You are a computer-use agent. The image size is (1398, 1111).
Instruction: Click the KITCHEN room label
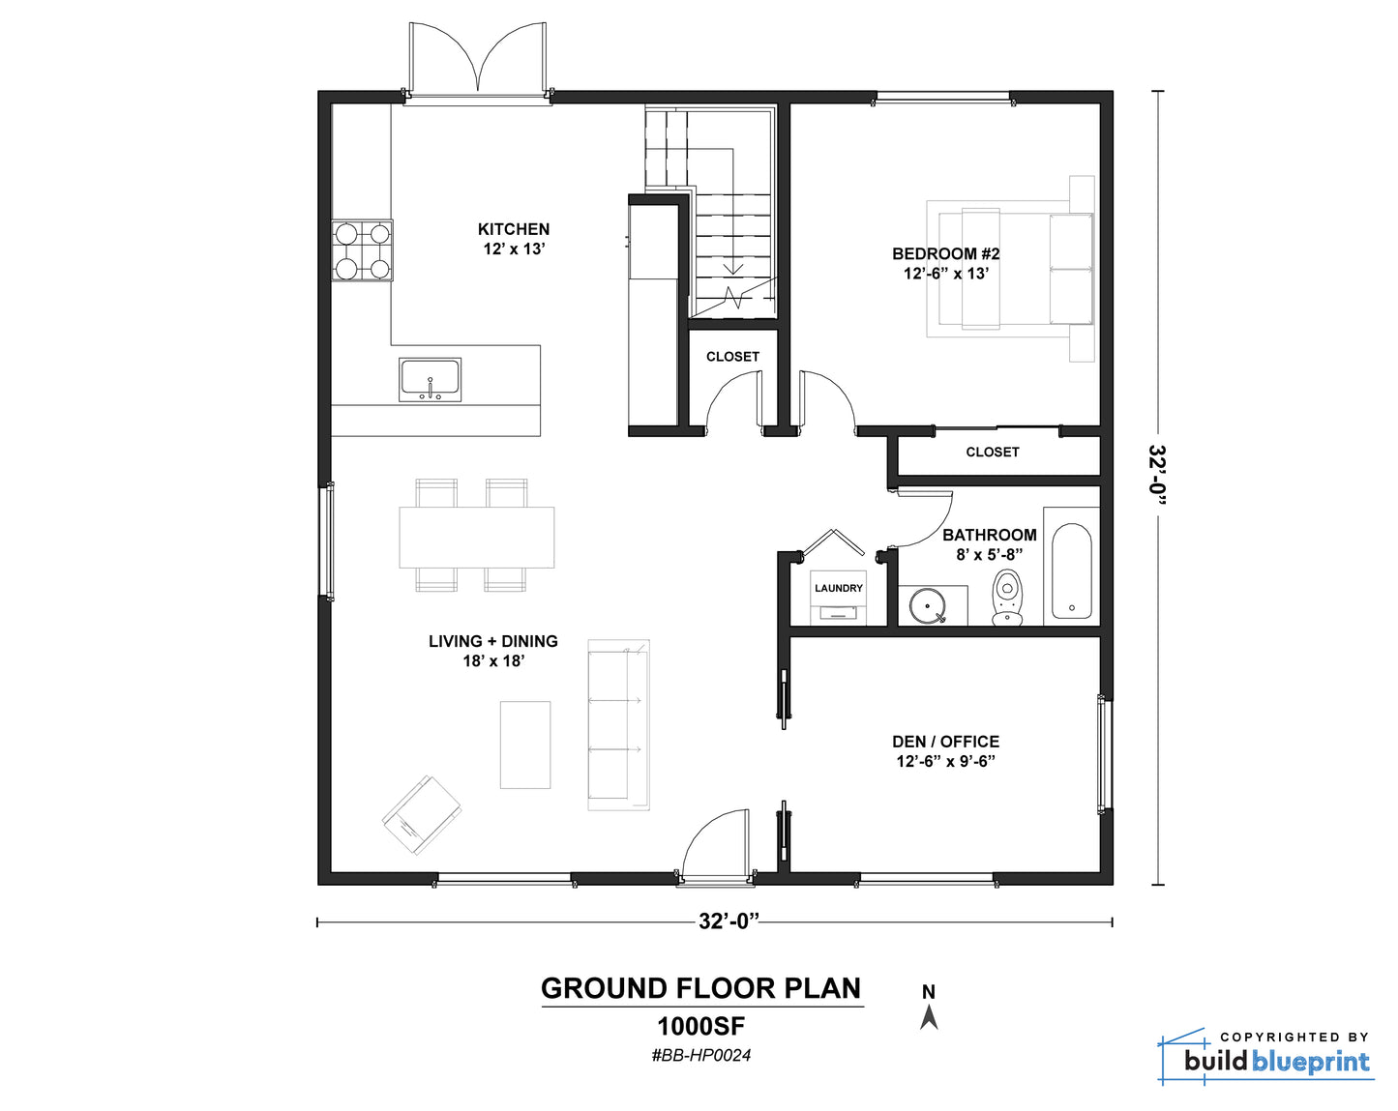click(x=513, y=229)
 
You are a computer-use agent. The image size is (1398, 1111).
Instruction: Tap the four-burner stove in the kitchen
click(x=362, y=250)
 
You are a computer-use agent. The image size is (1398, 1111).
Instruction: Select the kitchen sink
click(x=430, y=379)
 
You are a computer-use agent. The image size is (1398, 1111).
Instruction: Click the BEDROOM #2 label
click(x=945, y=253)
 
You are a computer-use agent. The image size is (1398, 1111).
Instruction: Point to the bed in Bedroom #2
click(x=1010, y=269)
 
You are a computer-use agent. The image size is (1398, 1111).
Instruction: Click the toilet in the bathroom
click(x=1007, y=597)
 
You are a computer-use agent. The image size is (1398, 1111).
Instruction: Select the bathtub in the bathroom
click(x=1071, y=570)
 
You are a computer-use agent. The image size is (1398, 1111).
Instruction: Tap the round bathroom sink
click(x=927, y=606)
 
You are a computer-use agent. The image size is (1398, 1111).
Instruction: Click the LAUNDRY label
click(x=839, y=588)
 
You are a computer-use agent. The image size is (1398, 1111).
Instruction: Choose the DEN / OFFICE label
click(x=945, y=742)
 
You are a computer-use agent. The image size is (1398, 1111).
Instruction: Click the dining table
click(x=477, y=538)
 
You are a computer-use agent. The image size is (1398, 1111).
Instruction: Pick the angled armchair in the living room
click(x=422, y=815)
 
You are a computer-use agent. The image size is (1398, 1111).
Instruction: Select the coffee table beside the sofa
click(x=525, y=745)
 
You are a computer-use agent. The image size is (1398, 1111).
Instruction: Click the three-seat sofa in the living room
click(x=618, y=724)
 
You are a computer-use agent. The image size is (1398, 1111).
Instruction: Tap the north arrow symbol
click(x=929, y=1017)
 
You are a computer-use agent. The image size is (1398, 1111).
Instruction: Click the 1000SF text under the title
click(x=701, y=1027)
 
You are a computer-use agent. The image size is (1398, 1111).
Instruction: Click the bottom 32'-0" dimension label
click(x=729, y=921)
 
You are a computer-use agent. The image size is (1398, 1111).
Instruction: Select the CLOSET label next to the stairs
click(x=732, y=357)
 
